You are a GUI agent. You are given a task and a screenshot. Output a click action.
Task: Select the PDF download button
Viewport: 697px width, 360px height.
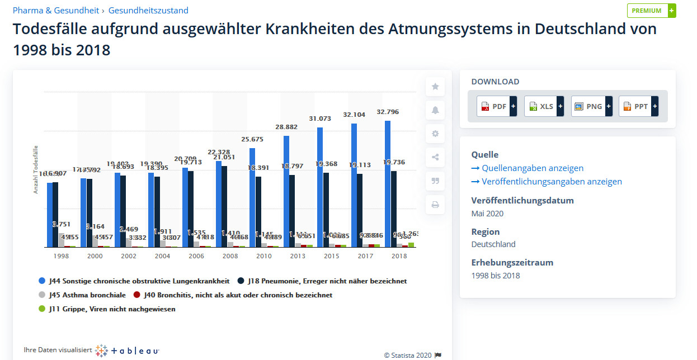tap(496, 106)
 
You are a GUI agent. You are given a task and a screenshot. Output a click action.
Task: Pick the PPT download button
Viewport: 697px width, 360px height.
tap(638, 106)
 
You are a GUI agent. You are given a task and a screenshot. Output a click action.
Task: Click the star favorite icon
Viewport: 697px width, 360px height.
tap(435, 87)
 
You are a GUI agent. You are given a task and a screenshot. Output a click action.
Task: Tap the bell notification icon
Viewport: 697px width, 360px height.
tap(435, 110)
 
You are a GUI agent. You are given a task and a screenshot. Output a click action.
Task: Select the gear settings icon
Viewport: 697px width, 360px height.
tap(435, 134)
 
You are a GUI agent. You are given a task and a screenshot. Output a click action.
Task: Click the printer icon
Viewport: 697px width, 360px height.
tap(435, 205)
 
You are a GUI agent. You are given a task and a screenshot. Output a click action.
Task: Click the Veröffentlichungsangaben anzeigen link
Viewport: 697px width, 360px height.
tap(547, 182)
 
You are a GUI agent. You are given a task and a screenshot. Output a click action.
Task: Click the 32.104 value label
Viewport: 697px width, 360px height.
tap(354, 115)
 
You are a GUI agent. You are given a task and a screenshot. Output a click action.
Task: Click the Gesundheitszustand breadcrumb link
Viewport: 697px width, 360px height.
tap(148, 11)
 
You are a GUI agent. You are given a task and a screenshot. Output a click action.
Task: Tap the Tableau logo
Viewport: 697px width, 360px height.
tap(128, 350)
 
